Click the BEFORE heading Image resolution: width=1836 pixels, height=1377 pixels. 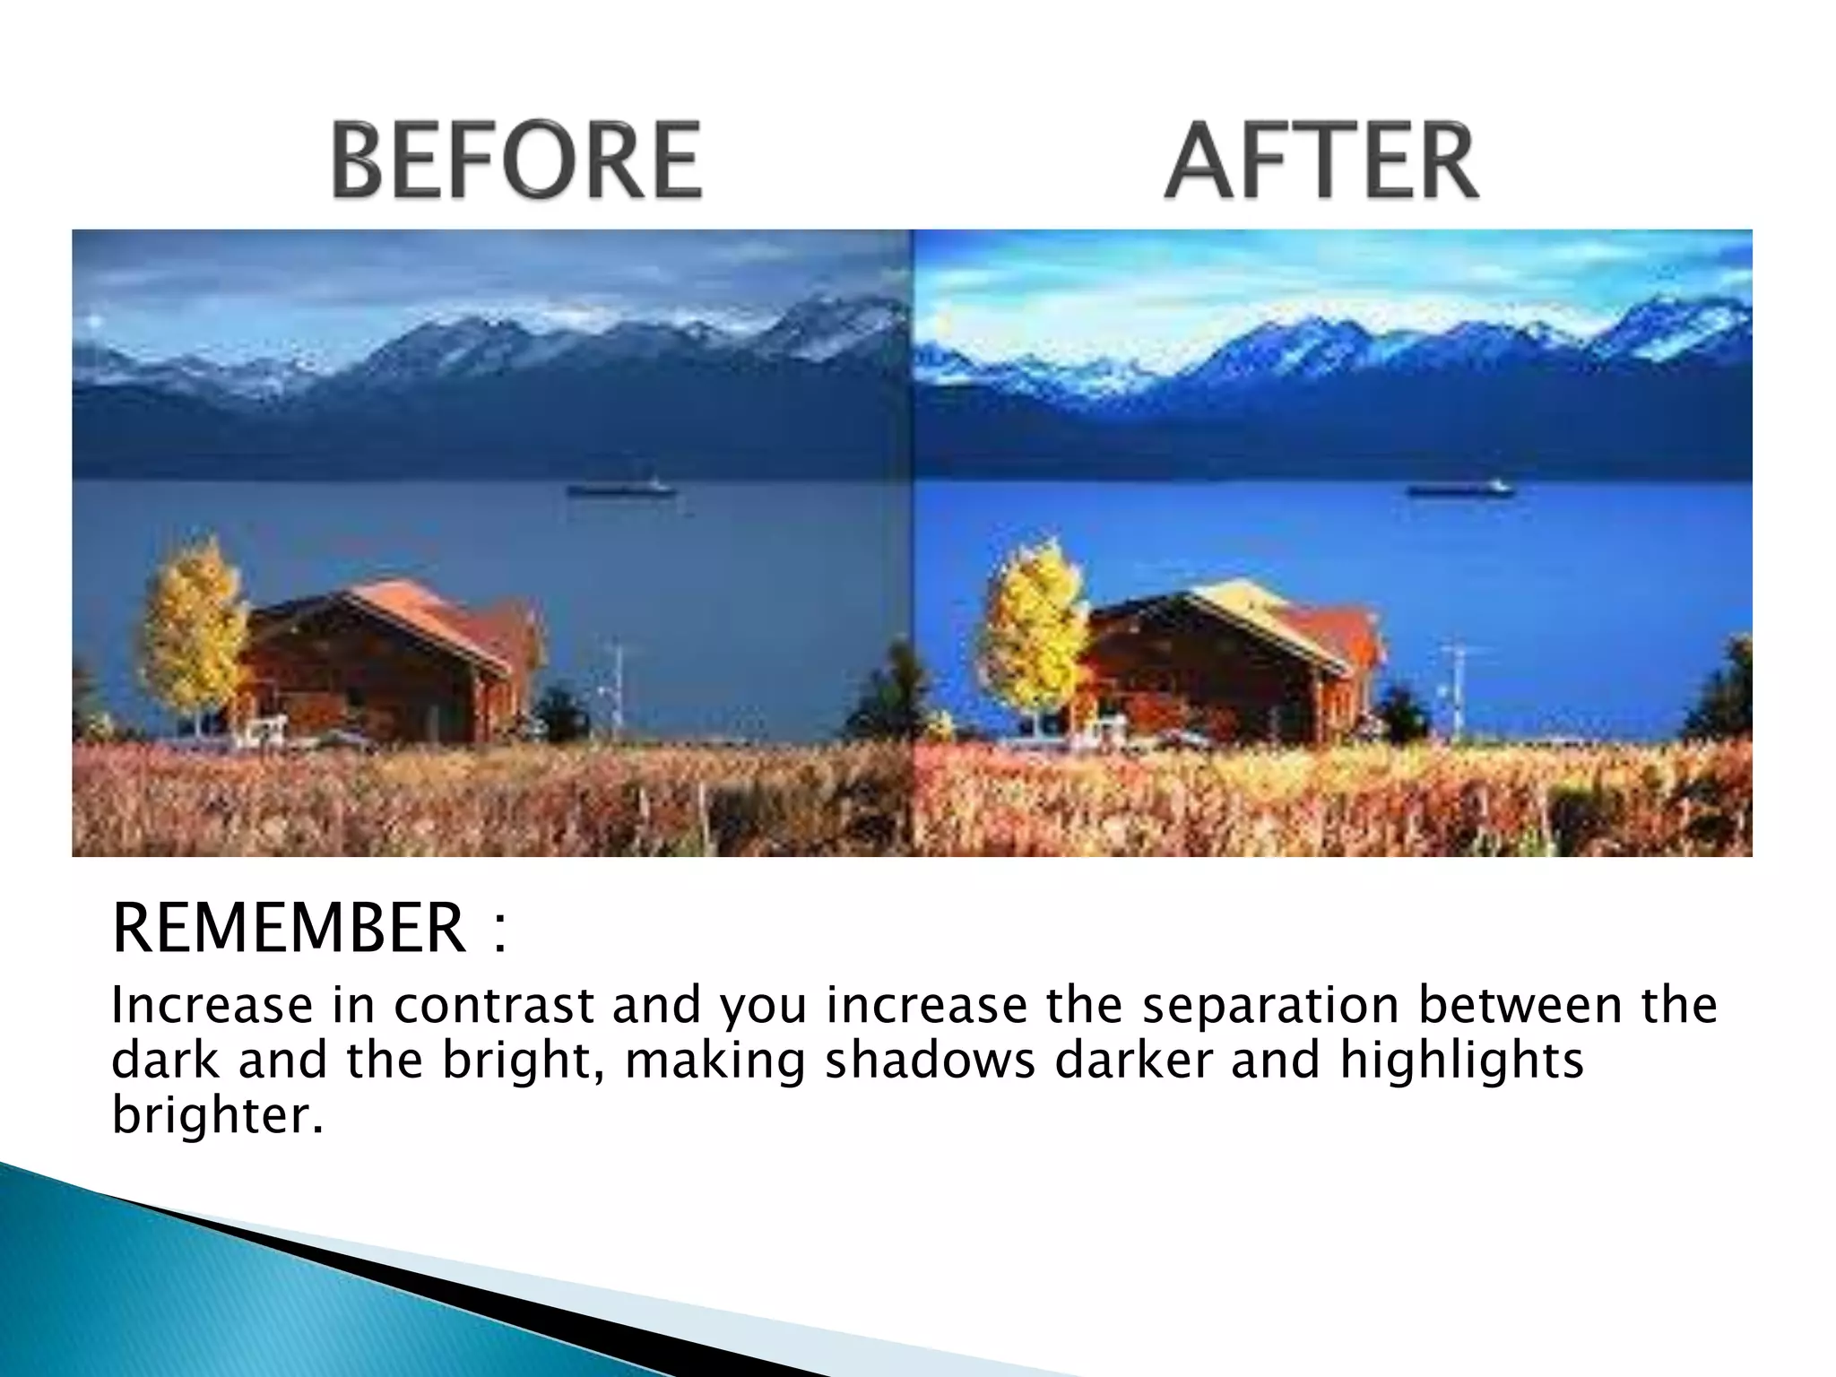pos(516,161)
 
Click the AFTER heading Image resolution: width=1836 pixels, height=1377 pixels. pos(1322,161)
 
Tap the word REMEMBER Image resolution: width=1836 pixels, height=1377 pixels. pos(289,929)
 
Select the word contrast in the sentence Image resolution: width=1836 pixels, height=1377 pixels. pos(493,1005)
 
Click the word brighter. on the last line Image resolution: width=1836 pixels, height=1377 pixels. pos(216,1116)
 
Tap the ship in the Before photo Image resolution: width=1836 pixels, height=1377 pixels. pos(620,489)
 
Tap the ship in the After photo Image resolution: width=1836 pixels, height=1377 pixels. pos(1459,489)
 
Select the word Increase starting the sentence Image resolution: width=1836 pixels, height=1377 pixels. pos(212,1005)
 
